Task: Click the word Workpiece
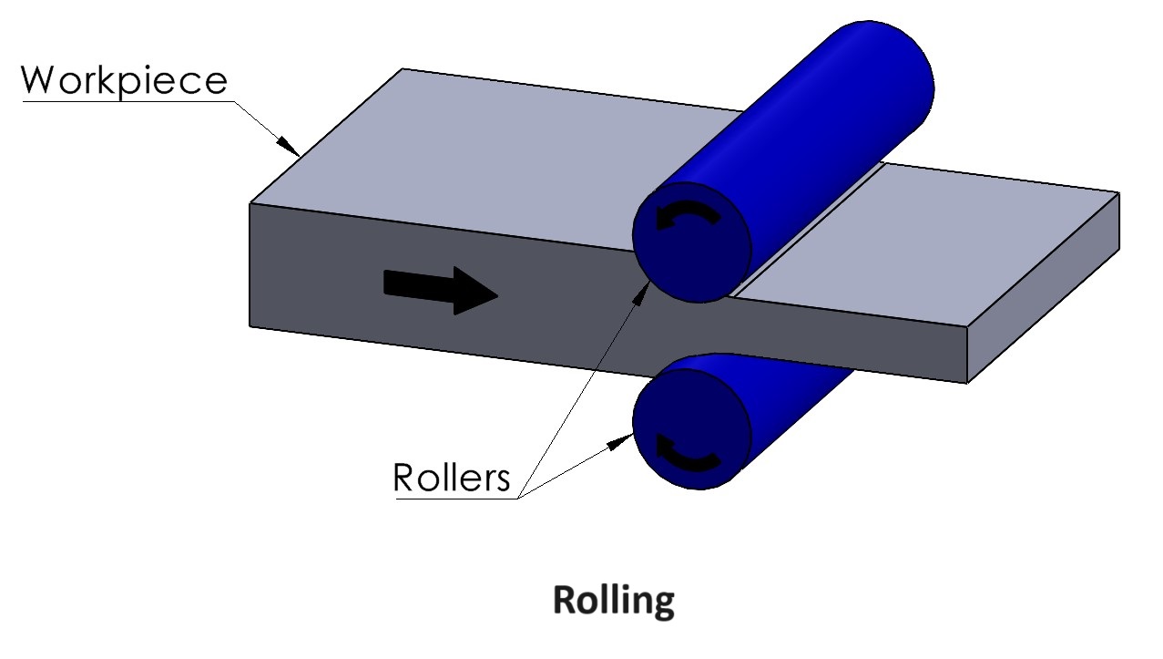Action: click(x=124, y=80)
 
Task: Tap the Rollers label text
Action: click(x=452, y=478)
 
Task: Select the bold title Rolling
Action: click(x=614, y=602)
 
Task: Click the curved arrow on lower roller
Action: click(x=688, y=453)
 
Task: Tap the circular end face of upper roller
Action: click(x=692, y=244)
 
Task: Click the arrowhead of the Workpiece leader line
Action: click(x=291, y=147)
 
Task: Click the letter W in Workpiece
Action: click(x=39, y=80)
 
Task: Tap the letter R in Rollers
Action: click(x=403, y=478)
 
